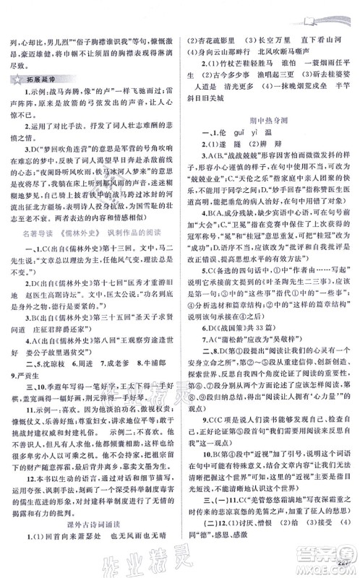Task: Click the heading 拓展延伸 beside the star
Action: (44, 85)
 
